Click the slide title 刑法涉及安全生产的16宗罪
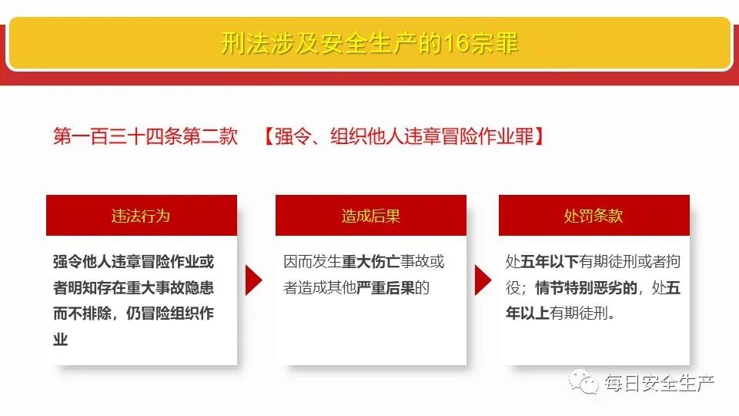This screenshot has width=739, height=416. (x=369, y=43)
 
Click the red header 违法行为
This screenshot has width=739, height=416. (x=141, y=216)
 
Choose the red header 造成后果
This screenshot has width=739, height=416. (x=370, y=216)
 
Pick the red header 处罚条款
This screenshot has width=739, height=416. (x=594, y=216)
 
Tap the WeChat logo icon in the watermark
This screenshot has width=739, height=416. (x=583, y=381)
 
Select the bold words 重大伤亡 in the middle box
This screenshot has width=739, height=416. (x=370, y=262)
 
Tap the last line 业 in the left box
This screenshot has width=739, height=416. (x=61, y=340)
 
